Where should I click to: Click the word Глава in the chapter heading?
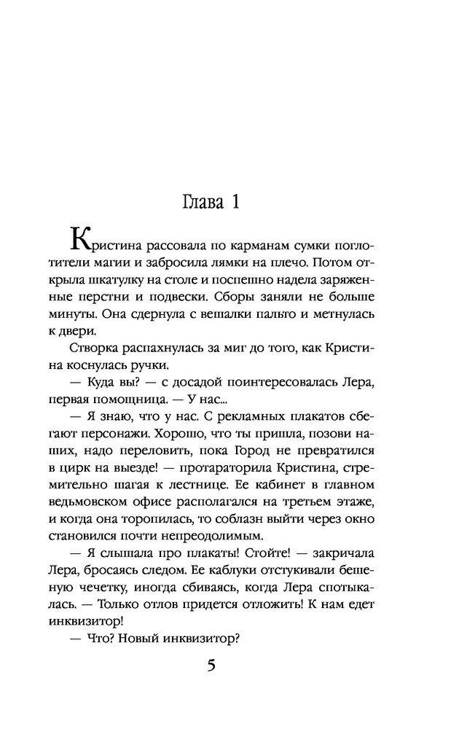(203, 202)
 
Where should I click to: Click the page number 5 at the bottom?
(211, 666)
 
